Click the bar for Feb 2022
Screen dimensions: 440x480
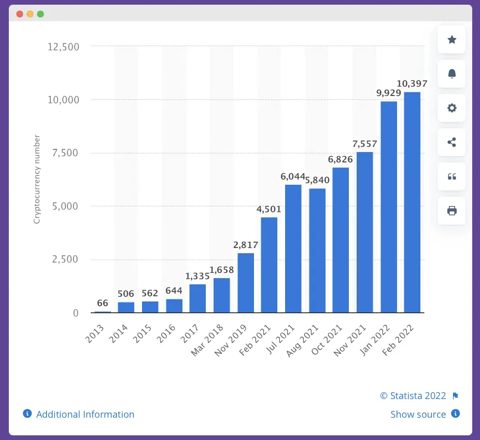pos(412,202)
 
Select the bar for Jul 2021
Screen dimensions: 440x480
pos(293,249)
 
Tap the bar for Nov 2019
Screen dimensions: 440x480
pos(246,283)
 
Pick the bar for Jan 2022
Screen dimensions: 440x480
pos(389,207)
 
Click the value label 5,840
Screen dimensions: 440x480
pos(317,181)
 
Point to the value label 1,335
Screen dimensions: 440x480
pos(197,277)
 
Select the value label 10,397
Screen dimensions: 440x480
pos(412,84)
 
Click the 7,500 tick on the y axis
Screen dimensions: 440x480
pos(64,153)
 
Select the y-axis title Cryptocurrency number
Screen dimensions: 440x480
pos(37,179)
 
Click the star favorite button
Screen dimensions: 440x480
pos(451,39)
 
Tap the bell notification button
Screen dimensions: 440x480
pos(451,74)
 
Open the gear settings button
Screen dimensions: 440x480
pos(451,108)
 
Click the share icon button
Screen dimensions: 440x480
pos(451,142)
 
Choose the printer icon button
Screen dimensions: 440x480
pos(451,211)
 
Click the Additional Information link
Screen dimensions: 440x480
pos(85,414)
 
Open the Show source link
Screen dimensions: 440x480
pos(418,414)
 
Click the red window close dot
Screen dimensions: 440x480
pos(20,14)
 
